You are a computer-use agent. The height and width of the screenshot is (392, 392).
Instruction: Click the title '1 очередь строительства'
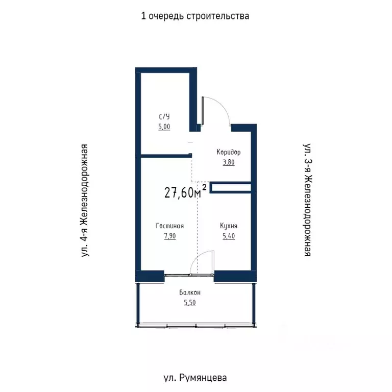point(195,16)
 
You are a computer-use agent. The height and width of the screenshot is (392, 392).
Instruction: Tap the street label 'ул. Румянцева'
point(195,378)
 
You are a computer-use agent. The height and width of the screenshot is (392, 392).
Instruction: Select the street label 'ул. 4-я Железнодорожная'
point(85,200)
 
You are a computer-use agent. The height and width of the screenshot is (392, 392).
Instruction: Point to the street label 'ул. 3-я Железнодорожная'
point(307,200)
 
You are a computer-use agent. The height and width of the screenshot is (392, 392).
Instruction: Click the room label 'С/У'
point(164,117)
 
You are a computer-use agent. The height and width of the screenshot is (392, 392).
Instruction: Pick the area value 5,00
point(164,127)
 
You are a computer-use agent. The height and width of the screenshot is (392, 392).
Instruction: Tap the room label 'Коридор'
point(228,152)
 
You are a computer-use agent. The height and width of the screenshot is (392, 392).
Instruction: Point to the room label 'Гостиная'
point(170,226)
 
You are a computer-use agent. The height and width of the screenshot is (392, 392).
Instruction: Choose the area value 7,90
point(170,236)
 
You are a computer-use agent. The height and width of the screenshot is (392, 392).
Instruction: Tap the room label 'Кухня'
point(228,226)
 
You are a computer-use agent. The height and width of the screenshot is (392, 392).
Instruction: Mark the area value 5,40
point(228,236)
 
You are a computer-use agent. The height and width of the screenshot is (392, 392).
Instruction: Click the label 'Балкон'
point(189,292)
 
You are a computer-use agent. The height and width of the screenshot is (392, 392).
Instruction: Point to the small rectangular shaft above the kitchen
point(230,188)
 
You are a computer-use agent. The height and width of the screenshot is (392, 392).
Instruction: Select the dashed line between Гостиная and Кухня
point(197,225)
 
